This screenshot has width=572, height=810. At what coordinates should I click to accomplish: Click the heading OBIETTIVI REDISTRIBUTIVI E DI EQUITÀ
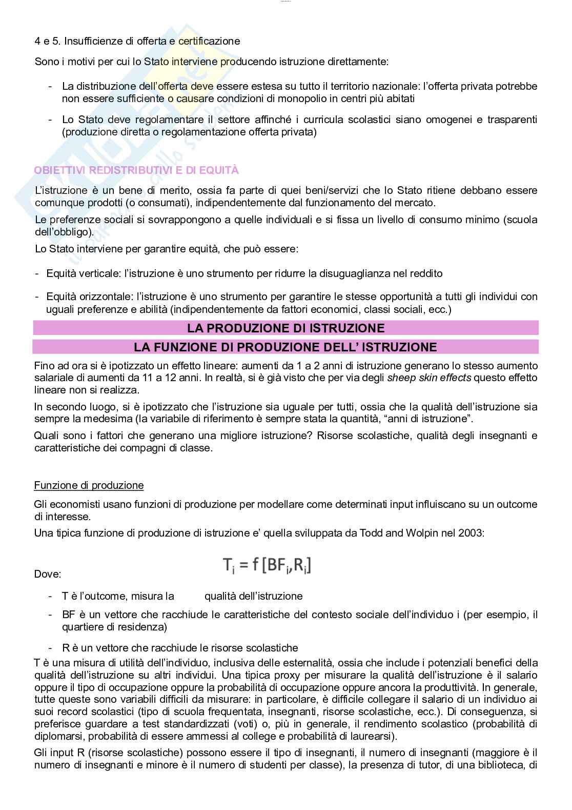136,170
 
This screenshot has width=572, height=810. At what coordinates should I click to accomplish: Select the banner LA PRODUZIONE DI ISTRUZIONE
285,328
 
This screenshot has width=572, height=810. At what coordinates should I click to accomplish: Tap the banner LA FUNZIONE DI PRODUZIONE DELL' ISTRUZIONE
285,347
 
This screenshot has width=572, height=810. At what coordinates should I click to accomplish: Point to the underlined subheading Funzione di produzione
89,485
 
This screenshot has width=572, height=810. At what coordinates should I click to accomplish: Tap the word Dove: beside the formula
48,574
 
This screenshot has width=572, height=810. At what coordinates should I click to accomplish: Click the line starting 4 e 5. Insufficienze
137,41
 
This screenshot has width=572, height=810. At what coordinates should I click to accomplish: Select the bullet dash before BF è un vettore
50,615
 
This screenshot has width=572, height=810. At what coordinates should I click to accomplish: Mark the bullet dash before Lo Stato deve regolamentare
50,120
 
